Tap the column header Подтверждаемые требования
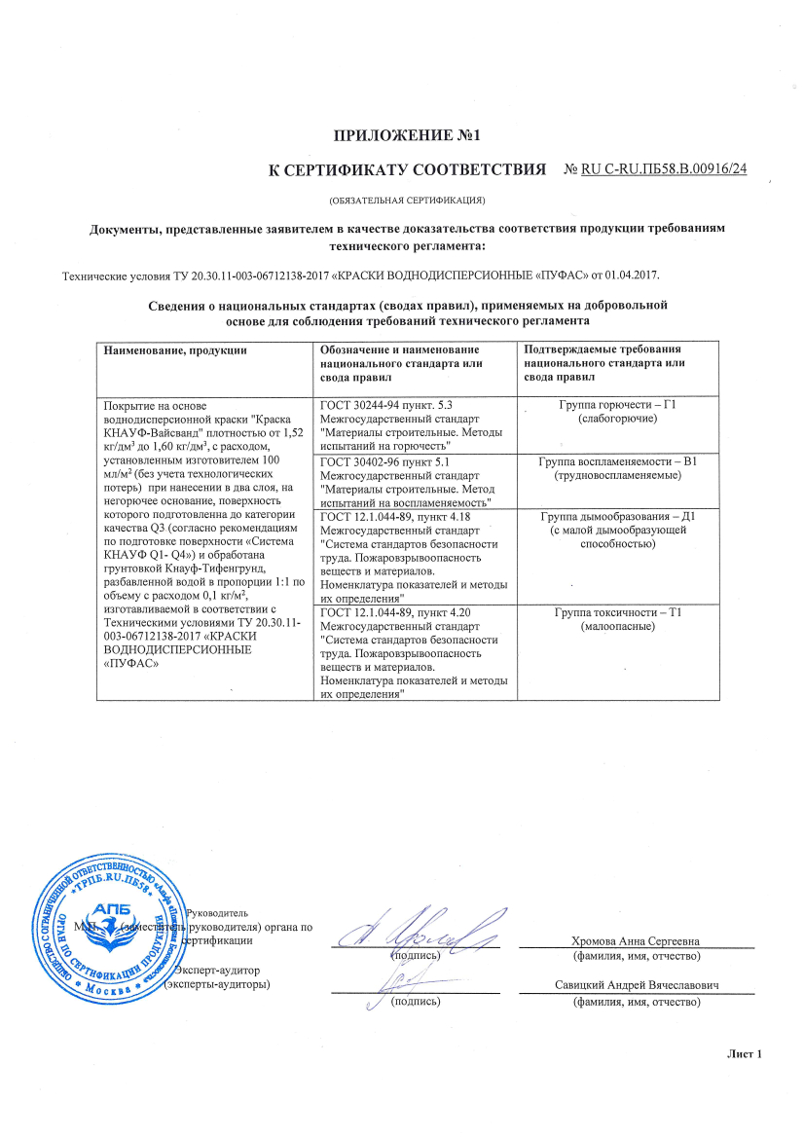[x=601, y=349]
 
